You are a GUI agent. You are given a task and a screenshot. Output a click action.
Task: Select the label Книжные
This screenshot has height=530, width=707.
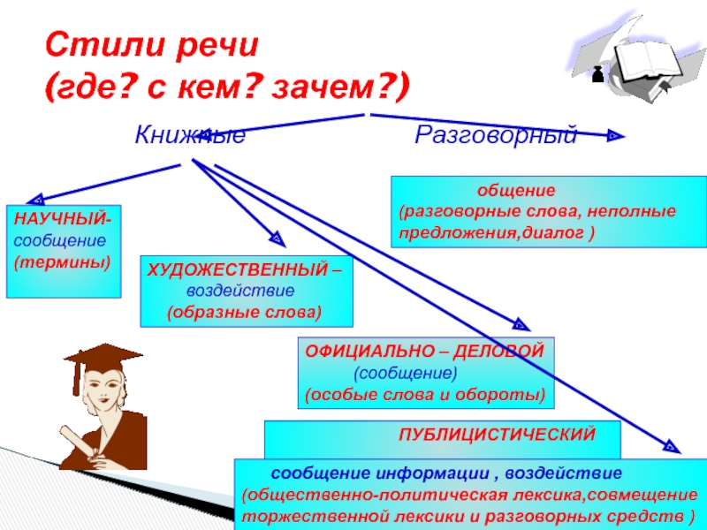(189, 136)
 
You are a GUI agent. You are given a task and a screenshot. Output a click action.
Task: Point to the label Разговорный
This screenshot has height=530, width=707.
(496, 136)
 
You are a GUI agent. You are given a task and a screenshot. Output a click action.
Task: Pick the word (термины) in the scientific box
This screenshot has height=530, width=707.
(62, 262)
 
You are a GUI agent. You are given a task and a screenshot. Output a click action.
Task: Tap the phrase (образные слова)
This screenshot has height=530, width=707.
(245, 313)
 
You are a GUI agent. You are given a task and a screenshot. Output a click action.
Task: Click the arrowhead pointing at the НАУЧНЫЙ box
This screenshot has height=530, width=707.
(37, 200)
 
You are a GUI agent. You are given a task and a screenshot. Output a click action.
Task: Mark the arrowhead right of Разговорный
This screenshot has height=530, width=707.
(614, 136)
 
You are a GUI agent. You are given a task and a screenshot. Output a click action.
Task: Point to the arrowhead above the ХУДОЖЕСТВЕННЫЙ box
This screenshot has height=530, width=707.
(277, 238)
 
